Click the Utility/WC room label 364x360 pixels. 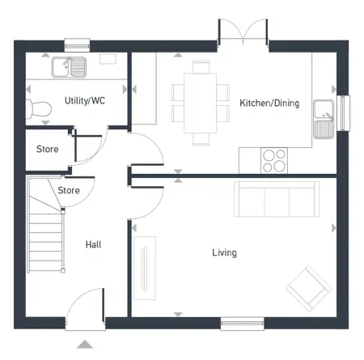click(85, 100)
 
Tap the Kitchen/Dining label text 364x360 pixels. click(269, 103)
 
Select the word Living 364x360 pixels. click(224, 252)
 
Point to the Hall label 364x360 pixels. click(93, 244)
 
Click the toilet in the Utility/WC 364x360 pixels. click(39, 109)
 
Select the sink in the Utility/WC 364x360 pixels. click(69, 67)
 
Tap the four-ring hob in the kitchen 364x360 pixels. click(274, 161)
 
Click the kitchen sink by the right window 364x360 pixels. click(324, 119)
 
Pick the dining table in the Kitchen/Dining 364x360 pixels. click(200, 103)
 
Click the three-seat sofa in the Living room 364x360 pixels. click(277, 199)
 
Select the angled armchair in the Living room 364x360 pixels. click(309, 289)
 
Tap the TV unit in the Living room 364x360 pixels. click(145, 268)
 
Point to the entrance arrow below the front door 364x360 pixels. click(85, 344)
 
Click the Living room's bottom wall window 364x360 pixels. click(242, 324)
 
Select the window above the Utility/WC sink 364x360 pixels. click(77, 45)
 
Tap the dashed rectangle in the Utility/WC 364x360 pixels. click(108, 59)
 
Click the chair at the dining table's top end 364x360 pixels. click(201, 67)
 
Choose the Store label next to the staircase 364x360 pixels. click(69, 190)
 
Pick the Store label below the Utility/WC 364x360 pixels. click(48, 149)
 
